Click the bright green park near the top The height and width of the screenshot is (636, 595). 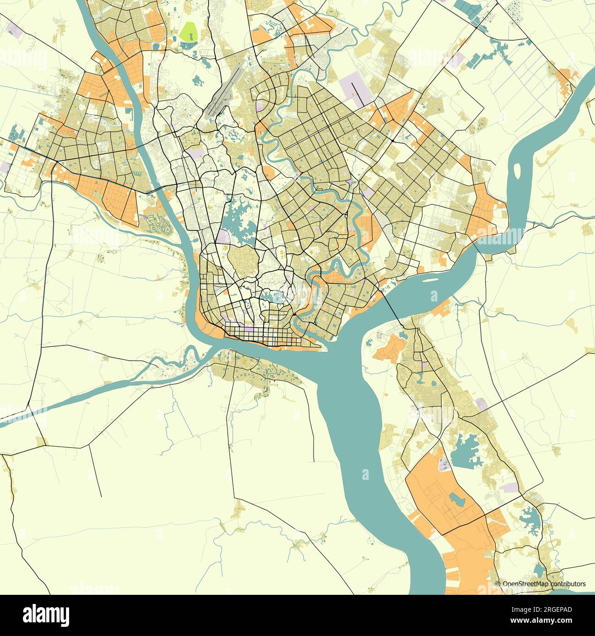(188, 32)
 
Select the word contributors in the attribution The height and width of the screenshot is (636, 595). (568, 584)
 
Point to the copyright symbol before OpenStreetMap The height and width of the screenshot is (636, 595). (498, 584)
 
